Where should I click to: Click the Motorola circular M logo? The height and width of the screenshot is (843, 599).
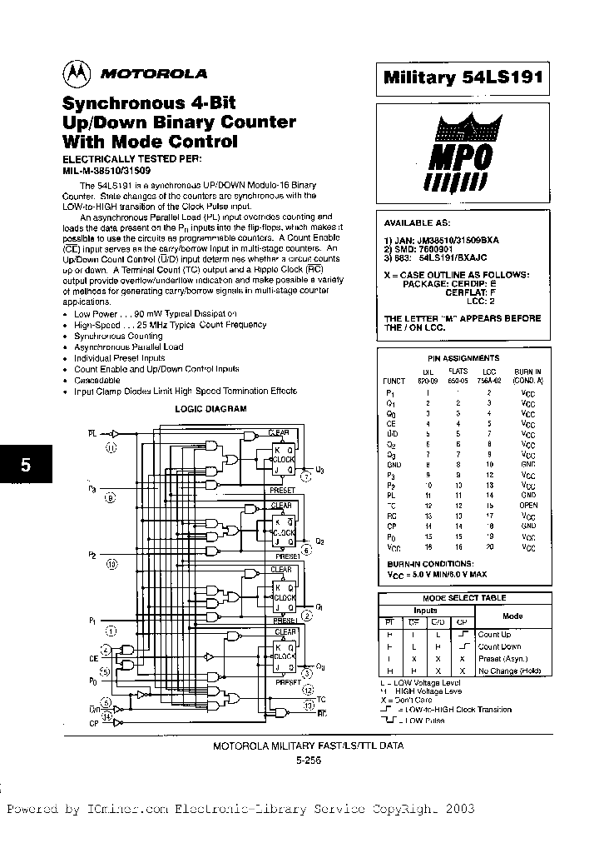pos(77,73)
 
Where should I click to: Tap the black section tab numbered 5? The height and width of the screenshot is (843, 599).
pos(25,466)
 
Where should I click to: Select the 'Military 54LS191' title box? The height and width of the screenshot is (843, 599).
pos(463,77)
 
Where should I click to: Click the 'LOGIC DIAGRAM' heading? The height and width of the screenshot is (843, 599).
pos(210,409)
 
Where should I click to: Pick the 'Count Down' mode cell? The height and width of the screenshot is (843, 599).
pos(499,646)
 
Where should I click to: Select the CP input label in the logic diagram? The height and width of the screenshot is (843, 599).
pos(92,723)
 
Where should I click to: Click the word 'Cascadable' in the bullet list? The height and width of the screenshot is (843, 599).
pos(97,380)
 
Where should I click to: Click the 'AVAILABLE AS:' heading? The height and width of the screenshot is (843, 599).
pos(416,223)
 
